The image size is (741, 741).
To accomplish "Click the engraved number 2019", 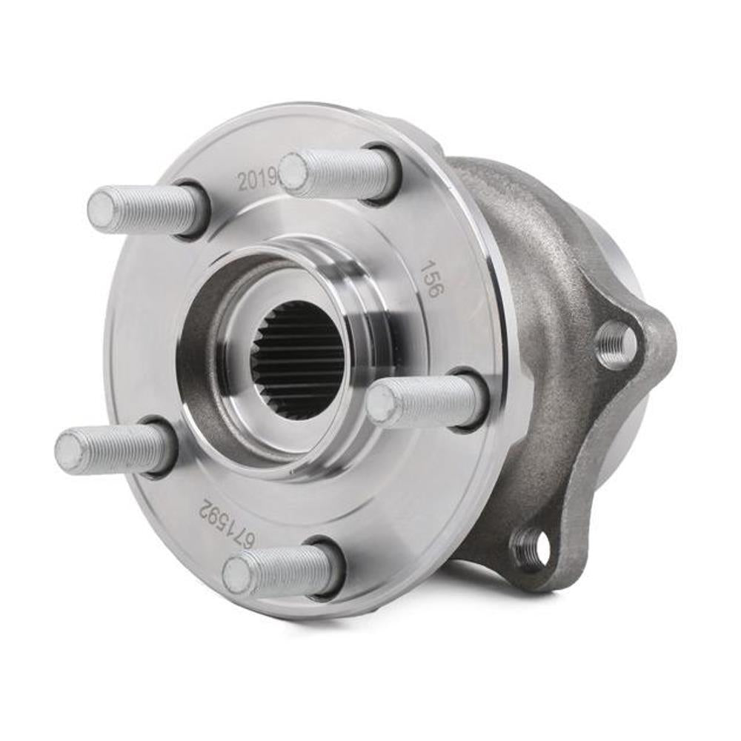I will [x=256, y=178].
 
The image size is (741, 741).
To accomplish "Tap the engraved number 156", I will [x=430, y=278].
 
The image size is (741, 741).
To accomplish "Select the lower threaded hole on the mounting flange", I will [x=531, y=548].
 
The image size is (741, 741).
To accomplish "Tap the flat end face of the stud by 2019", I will [x=293, y=172].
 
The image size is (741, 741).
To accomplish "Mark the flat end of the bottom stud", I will [x=236, y=574].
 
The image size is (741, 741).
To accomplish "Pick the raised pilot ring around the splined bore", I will [x=370, y=289].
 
